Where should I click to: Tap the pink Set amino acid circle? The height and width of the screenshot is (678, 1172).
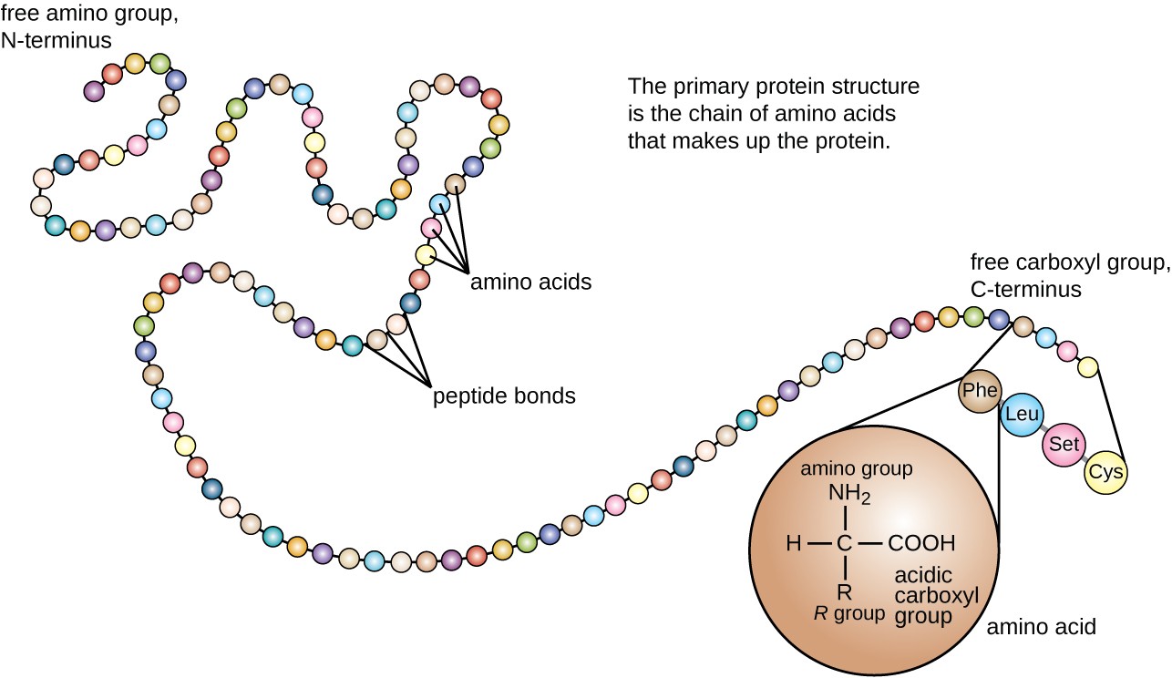pyautogui.click(x=1064, y=445)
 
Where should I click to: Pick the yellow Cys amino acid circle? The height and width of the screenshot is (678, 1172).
pyautogui.click(x=1105, y=474)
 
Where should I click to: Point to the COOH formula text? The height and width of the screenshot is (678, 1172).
pyautogui.click(x=921, y=544)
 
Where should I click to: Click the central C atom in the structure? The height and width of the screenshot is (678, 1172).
pyautogui.click(x=845, y=544)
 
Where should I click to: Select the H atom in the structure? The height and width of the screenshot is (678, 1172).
pyautogui.click(x=793, y=544)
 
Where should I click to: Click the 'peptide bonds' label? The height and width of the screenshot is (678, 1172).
pyautogui.click(x=504, y=396)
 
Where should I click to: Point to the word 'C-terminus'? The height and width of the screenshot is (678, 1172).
pyautogui.click(x=1025, y=290)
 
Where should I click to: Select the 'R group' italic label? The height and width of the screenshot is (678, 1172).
pyautogui.click(x=848, y=613)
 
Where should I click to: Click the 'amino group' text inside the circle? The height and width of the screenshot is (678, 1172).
pyautogui.click(x=856, y=470)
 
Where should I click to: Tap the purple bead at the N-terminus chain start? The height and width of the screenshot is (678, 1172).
pyautogui.click(x=93, y=90)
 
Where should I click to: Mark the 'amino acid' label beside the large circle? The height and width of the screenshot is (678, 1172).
pyautogui.click(x=1042, y=627)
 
